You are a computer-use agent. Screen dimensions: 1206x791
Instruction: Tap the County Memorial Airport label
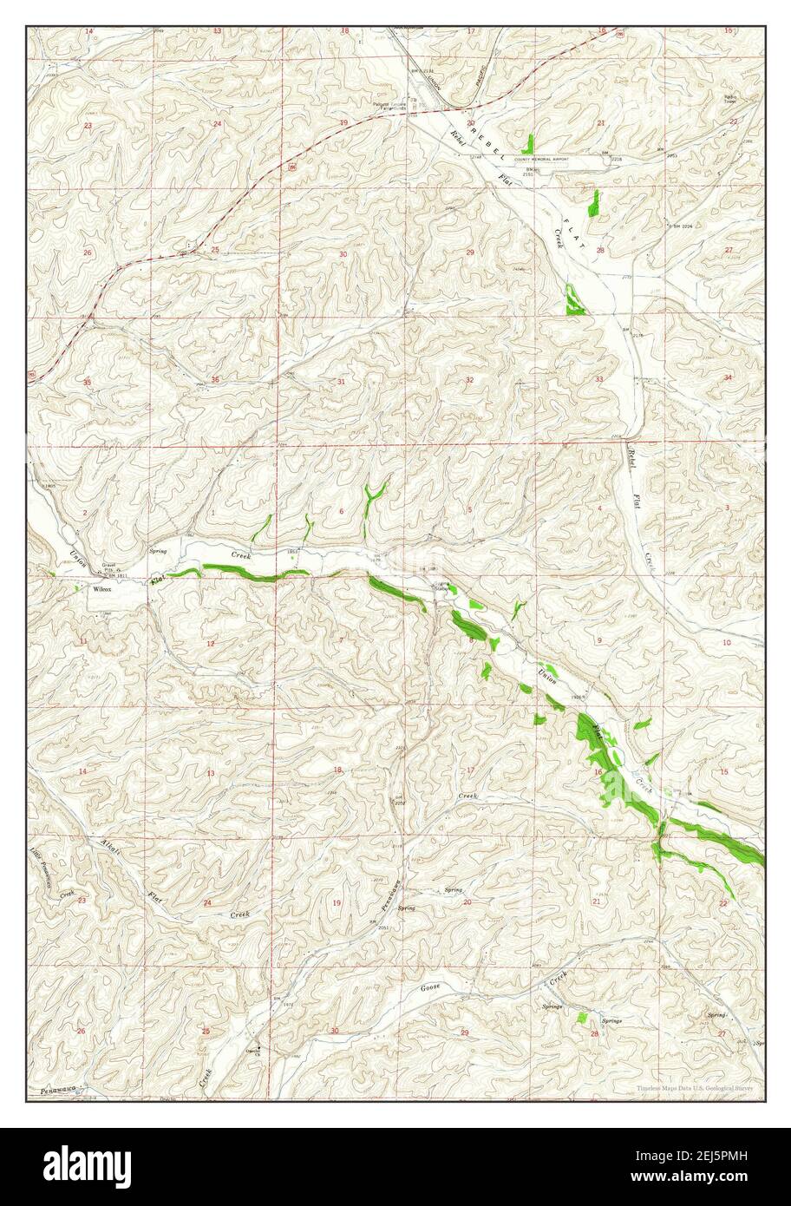546,160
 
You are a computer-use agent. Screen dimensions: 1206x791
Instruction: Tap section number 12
210,643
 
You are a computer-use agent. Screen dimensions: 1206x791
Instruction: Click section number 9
598,640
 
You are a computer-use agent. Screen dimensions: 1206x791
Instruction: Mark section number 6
341,511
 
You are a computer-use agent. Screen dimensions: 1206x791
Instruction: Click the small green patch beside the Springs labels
583,1016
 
